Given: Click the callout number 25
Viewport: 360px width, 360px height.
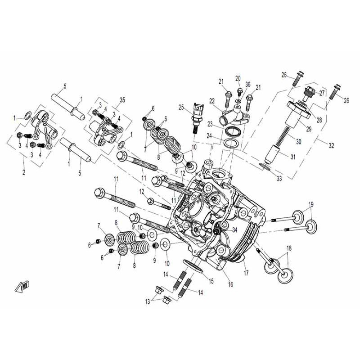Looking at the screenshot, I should pos(181,107).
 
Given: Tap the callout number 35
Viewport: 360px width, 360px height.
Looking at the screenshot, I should pos(109,99).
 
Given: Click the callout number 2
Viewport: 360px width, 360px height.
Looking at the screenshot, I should pos(24,172).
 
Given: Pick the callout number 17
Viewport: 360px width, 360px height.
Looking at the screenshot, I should pos(245,273).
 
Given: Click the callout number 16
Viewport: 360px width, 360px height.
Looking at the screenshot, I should pos(230,284).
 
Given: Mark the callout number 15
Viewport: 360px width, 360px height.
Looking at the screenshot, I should pos(210,281).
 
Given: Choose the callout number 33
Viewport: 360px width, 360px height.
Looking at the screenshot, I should pos(279,179).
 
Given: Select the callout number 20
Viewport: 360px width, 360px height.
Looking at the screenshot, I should pos(238,78).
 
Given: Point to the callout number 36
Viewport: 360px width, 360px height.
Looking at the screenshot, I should pos(248,84).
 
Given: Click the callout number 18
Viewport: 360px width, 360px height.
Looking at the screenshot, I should pos(289,248).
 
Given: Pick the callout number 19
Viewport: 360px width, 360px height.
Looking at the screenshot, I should pos(310,204).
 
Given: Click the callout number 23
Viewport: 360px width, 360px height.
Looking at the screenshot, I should pos(210,124).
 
